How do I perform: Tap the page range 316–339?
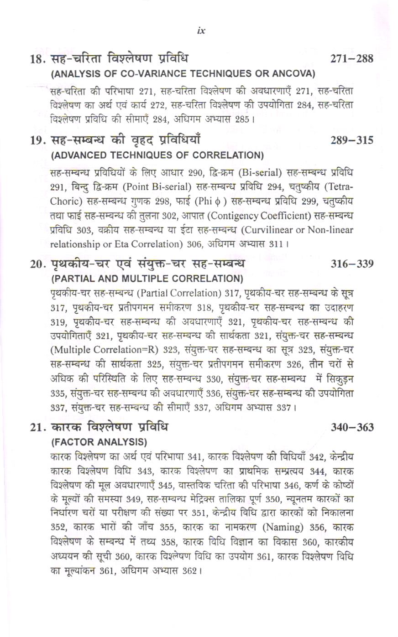point(352,264)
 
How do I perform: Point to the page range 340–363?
point(352,427)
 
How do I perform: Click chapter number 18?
point(37,59)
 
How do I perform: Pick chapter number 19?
point(37,140)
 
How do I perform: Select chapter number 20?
point(37,264)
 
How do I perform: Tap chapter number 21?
point(37,428)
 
